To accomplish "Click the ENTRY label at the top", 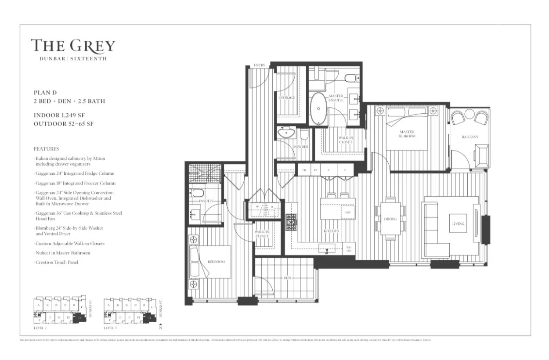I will pyautogui.click(x=260, y=65).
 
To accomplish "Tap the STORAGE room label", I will pyautogui.click(x=287, y=97).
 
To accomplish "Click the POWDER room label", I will pyautogui.click(x=301, y=147).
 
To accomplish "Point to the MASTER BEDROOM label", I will pyautogui.click(x=407, y=133).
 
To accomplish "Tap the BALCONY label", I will pyautogui.click(x=470, y=137).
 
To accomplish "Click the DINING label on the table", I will pyautogui.click(x=390, y=219).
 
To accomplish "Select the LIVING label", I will pyautogui.click(x=458, y=224).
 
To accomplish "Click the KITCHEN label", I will pyautogui.click(x=332, y=231).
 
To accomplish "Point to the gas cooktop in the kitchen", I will pyautogui.click(x=291, y=222).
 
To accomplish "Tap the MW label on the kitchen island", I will pyautogui.click(x=347, y=212).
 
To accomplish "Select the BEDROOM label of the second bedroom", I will pyautogui.click(x=216, y=262).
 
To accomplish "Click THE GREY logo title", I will pyautogui.click(x=73, y=46).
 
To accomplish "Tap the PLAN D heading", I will pyautogui.click(x=45, y=93).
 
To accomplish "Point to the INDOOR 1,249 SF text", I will pyautogui.click(x=59, y=115).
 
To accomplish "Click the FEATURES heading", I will pyautogui.click(x=46, y=149).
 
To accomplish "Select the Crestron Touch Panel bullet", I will pyautogui.click(x=58, y=262).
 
